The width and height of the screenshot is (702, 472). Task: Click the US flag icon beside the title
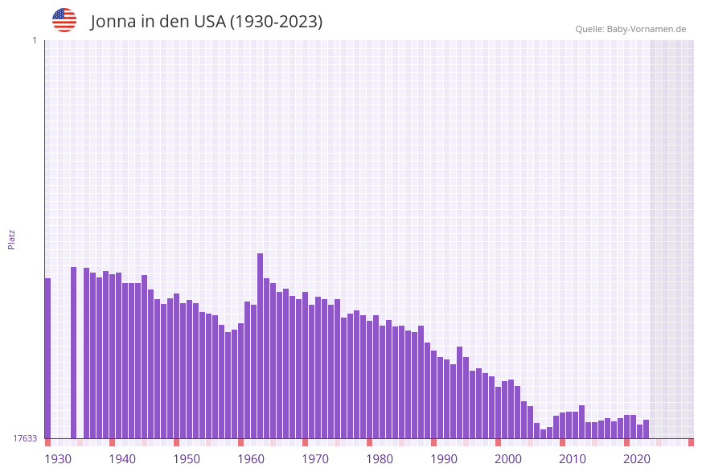(64, 20)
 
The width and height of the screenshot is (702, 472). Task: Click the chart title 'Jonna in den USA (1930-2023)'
(207, 22)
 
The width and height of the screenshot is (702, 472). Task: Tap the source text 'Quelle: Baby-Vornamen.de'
(630, 29)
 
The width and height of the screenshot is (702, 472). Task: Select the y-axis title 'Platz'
(12, 239)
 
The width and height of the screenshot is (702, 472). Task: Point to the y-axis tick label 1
(34, 40)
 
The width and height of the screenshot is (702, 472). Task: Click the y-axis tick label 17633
(24, 438)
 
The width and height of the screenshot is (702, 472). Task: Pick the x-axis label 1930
(58, 458)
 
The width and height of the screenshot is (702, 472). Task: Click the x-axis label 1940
(122, 458)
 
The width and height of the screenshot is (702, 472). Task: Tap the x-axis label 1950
(187, 458)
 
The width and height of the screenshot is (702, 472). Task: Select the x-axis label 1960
(251, 458)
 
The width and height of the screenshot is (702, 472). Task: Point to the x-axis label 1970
(315, 458)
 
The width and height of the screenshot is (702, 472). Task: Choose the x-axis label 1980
(380, 458)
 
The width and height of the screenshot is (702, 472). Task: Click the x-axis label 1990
(444, 458)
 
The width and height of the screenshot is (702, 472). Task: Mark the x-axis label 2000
(508, 458)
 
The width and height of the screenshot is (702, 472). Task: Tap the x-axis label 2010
(573, 458)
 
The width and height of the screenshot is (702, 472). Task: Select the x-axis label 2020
(637, 458)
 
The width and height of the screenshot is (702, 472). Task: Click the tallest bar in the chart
(261, 346)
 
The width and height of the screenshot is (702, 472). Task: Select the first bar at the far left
(47, 358)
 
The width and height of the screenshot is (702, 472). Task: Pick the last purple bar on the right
(646, 429)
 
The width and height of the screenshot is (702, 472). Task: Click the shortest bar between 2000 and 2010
(543, 434)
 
